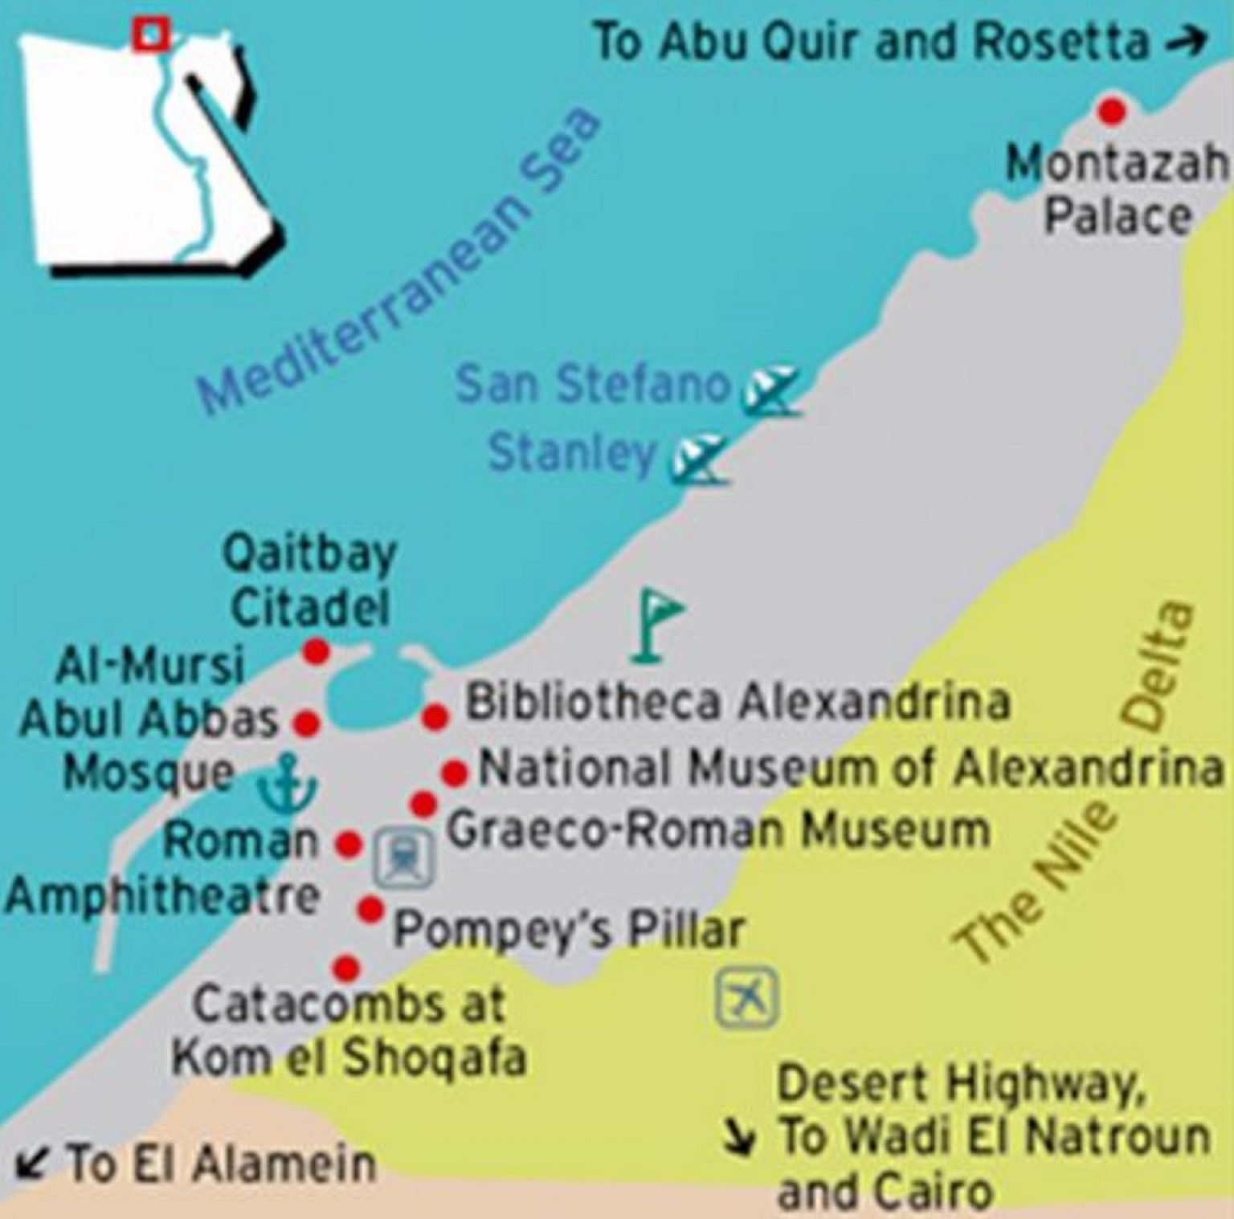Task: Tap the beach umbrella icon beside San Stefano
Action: click(769, 391)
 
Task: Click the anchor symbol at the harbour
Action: click(286, 782)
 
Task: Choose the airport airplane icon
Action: click(747, 998)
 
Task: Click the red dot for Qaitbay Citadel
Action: click(316, 650)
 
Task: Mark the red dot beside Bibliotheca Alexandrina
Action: click(435, 716)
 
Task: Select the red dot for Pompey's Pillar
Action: click(370, 909)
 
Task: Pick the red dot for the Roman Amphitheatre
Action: click(349, 844)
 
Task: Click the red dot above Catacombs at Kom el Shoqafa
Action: click(346, 968)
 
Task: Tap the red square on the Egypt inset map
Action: click(151, 35)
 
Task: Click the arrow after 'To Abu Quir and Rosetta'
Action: click(1187, 42)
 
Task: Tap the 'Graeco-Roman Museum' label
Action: click(717, 830)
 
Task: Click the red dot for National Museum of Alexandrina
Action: click(454, 773)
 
